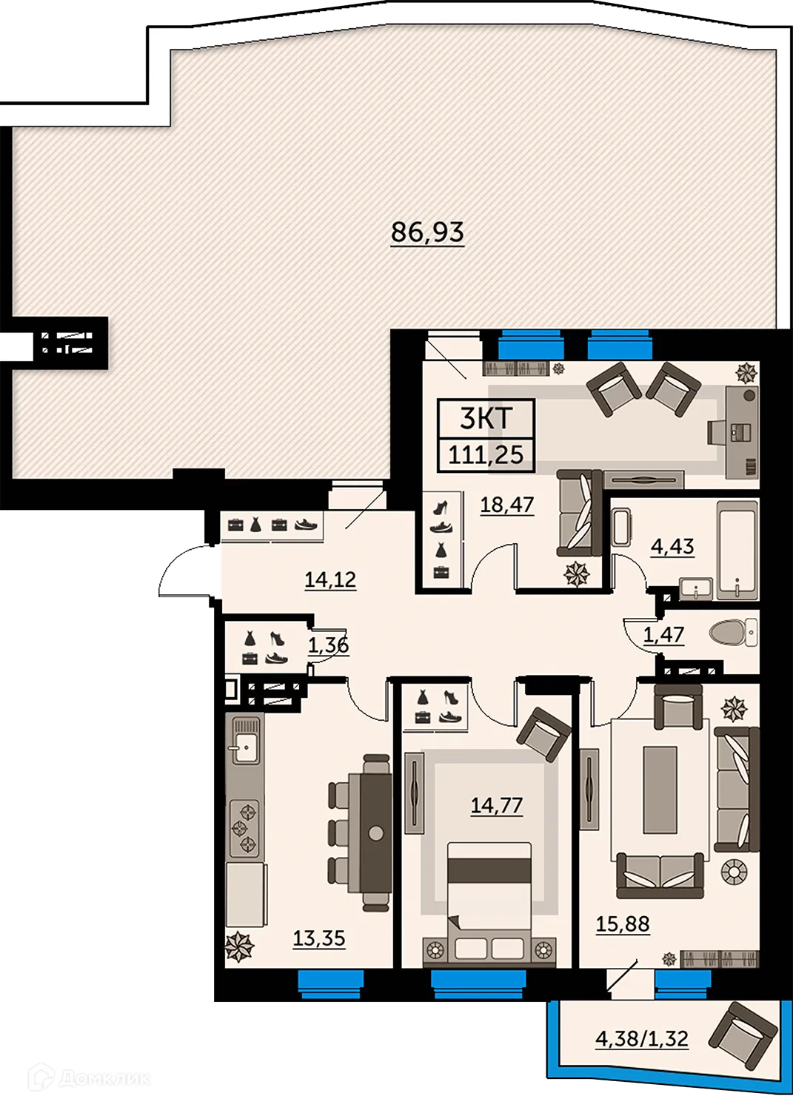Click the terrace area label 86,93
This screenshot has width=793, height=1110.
[x=427, y=232]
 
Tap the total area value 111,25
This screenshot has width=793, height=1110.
[x=486, y=454]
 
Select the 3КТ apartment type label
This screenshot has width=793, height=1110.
[x=486, y=418]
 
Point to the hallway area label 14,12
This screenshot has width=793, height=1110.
[x=330, y=579]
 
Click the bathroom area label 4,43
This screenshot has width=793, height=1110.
[x=672, y=547]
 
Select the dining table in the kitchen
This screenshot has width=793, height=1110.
[x=376, y=832]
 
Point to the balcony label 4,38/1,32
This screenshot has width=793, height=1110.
[x=642, y=1039]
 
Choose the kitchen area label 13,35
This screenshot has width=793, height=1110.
[x=319, y=938]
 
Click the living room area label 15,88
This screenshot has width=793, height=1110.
[x=623, y=924]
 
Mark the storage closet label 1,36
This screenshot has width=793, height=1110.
[x=328, y=645]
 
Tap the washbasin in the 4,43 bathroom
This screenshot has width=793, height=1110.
[x=695, y=588]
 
